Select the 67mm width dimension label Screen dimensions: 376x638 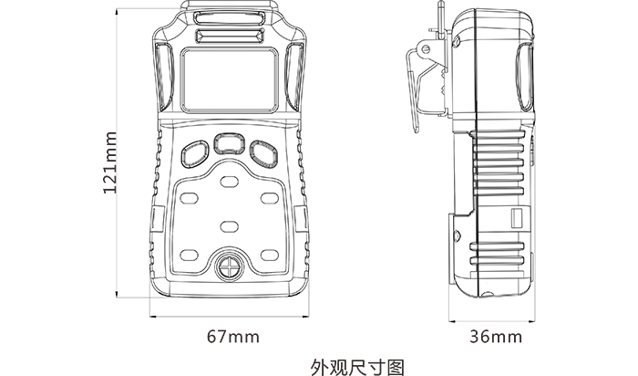232,336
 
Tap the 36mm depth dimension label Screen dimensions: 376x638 496,336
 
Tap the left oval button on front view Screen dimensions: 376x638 193,151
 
